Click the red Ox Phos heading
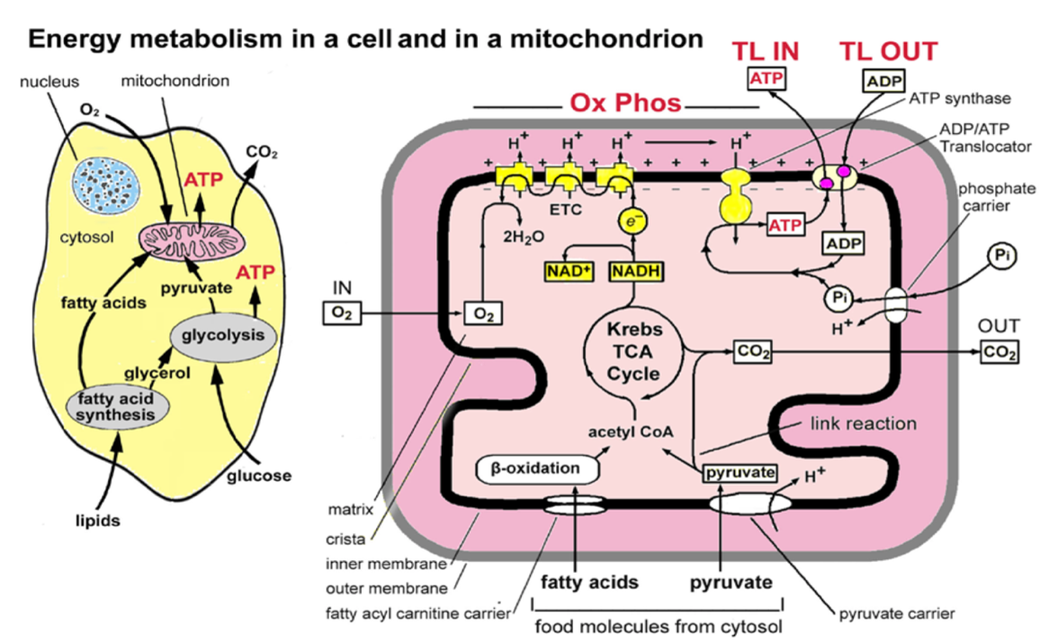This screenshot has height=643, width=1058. coord(625,103)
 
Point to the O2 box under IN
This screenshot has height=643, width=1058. coord(337,313)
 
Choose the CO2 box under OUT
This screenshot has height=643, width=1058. coord(1000,353)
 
